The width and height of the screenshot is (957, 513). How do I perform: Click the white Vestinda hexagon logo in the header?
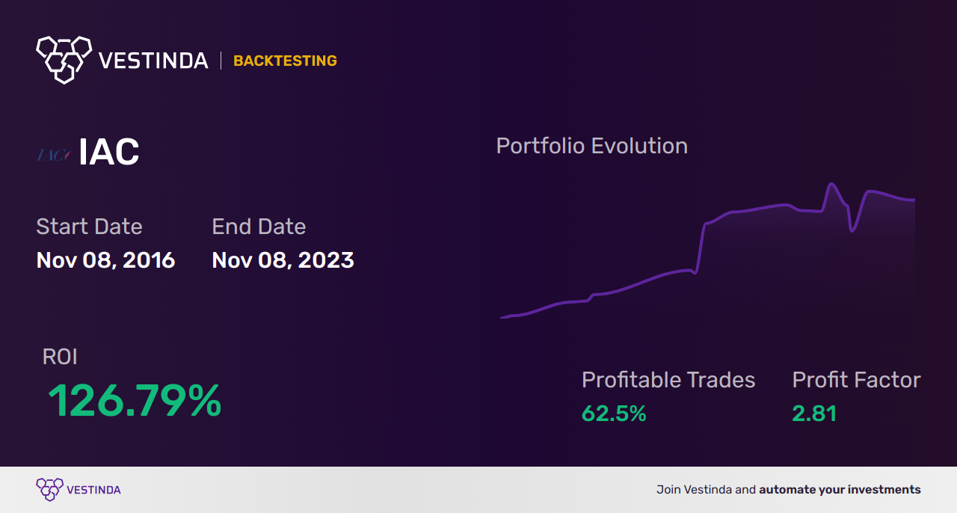tap(64, 59)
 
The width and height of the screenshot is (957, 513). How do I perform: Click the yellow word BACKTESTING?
tap(285, 61)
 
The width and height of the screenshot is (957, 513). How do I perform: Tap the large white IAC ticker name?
tap(109, 153)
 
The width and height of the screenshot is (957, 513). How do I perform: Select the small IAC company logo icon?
tap(53, 155)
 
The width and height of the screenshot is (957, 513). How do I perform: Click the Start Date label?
tap(89, 227)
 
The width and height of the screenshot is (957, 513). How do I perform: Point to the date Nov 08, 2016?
tap(105, 260)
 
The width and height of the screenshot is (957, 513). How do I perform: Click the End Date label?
tap(259, 227)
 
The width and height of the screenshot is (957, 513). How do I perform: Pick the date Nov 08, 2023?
tap(283, 260)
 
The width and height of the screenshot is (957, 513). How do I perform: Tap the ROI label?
tap(60, 357)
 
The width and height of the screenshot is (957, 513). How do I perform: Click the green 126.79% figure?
tap(135, 401)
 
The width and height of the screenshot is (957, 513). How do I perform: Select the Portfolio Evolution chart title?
tap(591, 146)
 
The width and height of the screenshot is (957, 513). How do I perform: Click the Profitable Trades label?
tap(668, 380)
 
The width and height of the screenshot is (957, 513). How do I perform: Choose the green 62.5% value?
tap(614, 414)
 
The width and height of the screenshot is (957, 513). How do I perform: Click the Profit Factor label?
tap(856, 380)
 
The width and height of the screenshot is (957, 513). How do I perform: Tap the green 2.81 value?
tap(814, 414)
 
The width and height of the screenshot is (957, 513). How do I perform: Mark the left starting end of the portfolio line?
tap(502, 318)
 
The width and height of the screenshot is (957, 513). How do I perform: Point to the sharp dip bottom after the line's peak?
tap(852, 230)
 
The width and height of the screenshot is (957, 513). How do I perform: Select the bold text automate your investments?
tap(840, 490)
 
